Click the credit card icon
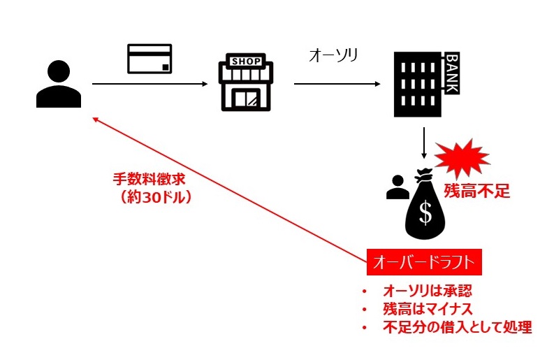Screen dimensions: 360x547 [x=149, y=59]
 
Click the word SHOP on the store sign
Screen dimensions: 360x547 [x=245, y=62]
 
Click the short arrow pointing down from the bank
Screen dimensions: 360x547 [x=424, y=143]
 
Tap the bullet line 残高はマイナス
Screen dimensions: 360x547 [x=428, y=309]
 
